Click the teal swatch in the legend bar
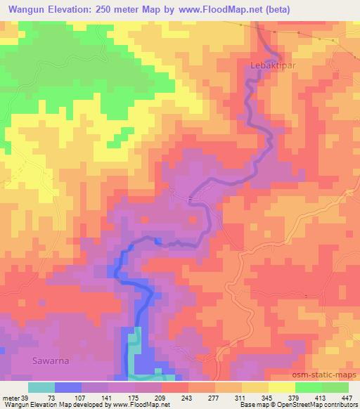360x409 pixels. coord(41,387)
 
